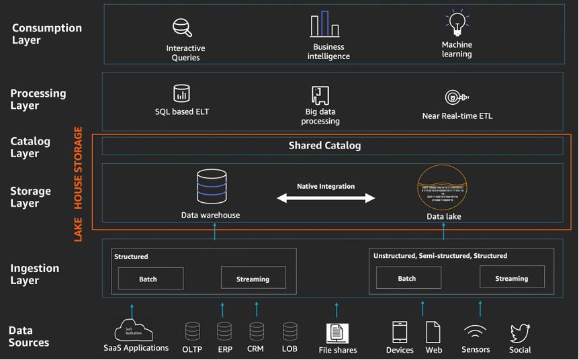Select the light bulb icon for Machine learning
457,24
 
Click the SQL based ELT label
182,111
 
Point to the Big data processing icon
320,95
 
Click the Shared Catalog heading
324,146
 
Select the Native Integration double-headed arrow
326,197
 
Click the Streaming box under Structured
253,278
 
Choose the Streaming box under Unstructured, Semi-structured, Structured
512,277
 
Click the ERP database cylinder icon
224,330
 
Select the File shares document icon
337,332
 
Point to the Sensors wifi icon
476,332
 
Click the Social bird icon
520,332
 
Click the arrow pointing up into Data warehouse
215,232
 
